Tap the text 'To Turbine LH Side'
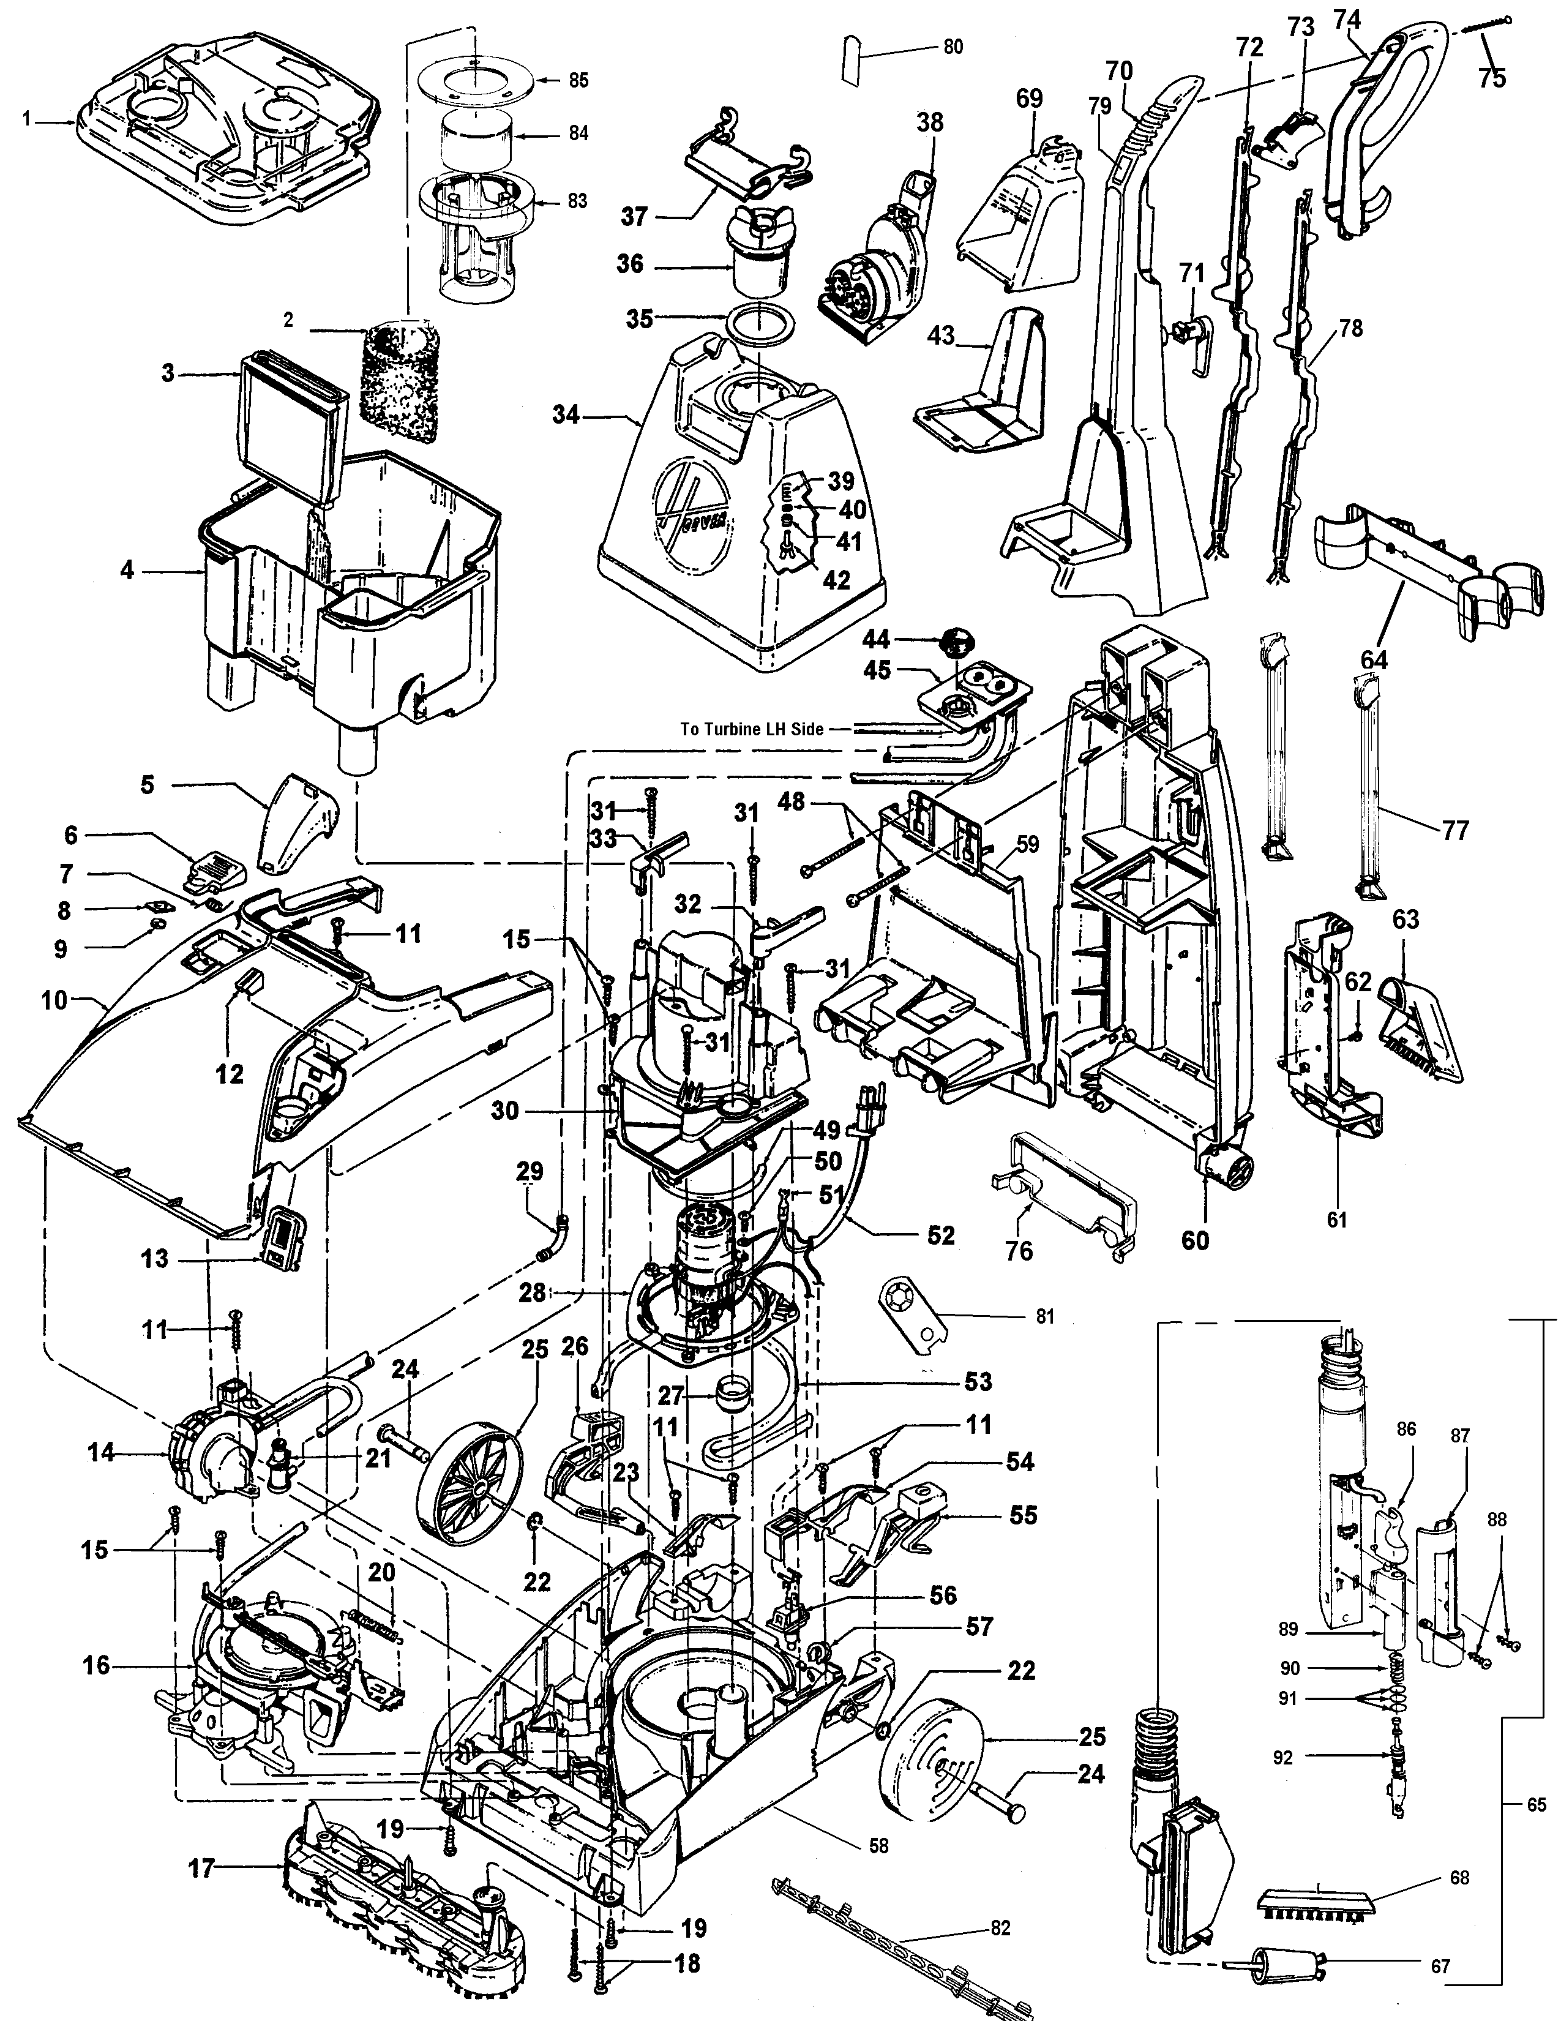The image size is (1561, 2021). (x=751, y=729)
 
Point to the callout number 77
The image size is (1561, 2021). (x=1456, y=830)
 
